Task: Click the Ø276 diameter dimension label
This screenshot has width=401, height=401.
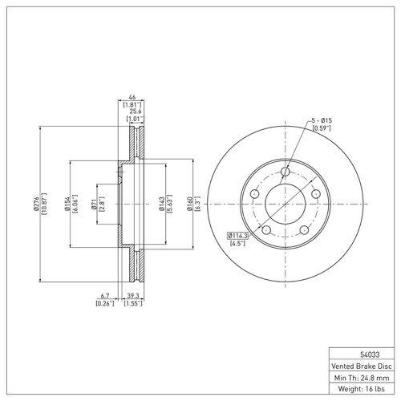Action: [36, 205]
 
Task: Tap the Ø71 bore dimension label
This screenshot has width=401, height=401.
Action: [95, 205]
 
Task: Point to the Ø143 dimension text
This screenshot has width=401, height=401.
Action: [162, 205]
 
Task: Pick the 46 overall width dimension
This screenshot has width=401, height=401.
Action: [132, 95]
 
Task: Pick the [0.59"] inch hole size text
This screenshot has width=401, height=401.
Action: [322, 128]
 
